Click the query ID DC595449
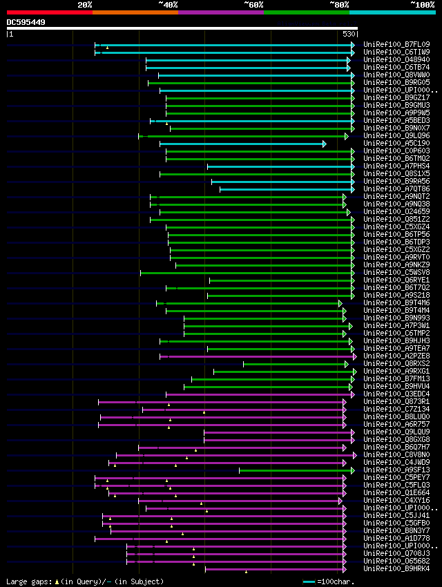(26, 22)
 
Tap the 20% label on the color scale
(84, 4)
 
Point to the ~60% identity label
(253, 4)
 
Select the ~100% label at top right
(422, 4)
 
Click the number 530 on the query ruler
(349, 33)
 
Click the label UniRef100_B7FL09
(396, 45)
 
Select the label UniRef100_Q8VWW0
(396, 75)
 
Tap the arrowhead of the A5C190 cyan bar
(324, 144)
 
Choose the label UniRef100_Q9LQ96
(396, 136)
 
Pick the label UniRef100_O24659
(396, 212)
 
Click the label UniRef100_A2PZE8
(396, 356)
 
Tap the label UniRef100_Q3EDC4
(396, 394)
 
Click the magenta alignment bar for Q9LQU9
(276, 432)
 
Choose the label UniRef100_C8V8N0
(396, 455)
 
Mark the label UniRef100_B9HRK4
(396, 569)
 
